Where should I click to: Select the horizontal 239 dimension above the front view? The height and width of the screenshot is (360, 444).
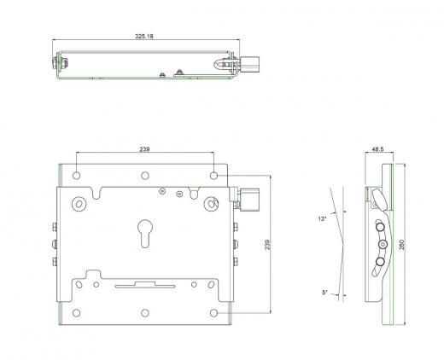coord(145,149)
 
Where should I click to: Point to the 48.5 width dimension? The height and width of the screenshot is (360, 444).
coord(377,149)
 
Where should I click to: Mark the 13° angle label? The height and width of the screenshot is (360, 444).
coord(322,219)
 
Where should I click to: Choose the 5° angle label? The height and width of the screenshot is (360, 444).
coord(325,293)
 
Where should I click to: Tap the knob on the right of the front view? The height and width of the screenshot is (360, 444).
coord(251,201)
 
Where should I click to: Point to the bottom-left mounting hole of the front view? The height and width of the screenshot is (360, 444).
coord(77,311)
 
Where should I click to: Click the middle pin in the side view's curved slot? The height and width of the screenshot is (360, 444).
coord(381,247)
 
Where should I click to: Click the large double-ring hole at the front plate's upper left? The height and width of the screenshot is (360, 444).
coord(79,204)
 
